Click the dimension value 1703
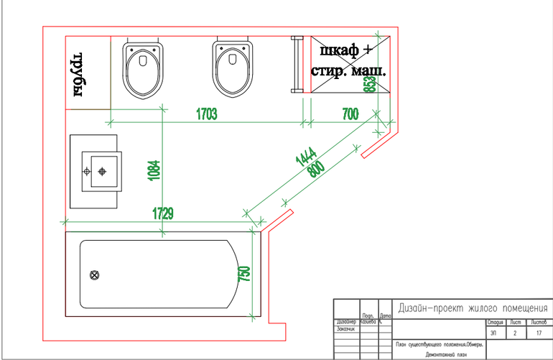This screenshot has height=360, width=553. click(206, 113)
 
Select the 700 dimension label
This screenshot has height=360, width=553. click(350, 113)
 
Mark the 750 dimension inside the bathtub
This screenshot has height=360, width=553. click(243, 274)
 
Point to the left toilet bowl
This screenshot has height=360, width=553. click(142, 69)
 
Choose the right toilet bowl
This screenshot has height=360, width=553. click(233, 69)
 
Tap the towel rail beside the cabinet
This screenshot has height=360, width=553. click(294, 63)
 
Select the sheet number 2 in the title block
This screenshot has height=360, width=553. click(514, 333)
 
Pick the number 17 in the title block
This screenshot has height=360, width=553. click(539, 333)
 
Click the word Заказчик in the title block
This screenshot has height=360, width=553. click(346, 328)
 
